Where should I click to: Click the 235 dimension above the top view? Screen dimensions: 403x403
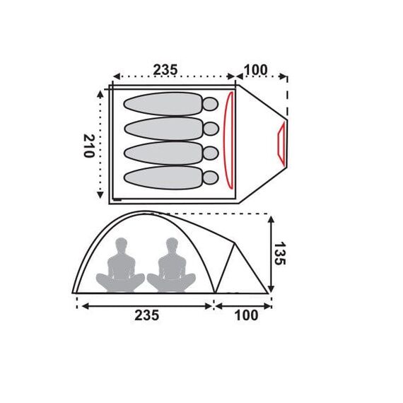point(165,70)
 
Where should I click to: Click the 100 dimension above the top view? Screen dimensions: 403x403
point(255,70)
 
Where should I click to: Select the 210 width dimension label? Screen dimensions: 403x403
point(89,146)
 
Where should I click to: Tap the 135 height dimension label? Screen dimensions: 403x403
point(279,253)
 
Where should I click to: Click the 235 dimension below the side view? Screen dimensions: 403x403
point(147,315)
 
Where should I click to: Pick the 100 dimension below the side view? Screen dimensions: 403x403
point(246,315)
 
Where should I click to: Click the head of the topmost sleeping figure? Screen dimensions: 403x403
point(211,104)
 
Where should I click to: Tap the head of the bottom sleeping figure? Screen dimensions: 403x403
point(211,177)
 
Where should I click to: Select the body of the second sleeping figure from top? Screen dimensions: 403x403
point(164,129)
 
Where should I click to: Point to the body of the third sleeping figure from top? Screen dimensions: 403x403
point(164,153)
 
